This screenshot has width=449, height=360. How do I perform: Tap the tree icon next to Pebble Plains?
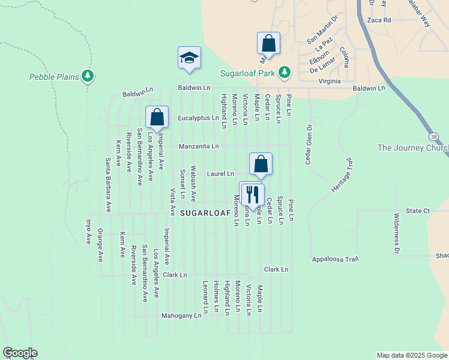coord(88,76)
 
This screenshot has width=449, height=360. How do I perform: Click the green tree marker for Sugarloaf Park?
coord(285,73)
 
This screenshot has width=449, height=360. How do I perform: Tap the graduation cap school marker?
coord(189,58)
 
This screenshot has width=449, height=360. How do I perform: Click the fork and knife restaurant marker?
coord(252,194)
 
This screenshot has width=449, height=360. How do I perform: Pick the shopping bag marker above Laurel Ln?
coord(261,164)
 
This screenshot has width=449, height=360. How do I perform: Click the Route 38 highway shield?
coord(434,137)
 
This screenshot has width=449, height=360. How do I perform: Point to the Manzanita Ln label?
coord(198,146)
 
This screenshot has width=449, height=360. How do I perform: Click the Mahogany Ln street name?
coord(181,316)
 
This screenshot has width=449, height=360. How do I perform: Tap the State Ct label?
coord(418,211)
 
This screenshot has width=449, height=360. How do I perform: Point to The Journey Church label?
coord(413,148)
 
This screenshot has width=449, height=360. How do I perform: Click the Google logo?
coord(20,353)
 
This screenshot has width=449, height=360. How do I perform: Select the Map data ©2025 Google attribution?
coord(411,355)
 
